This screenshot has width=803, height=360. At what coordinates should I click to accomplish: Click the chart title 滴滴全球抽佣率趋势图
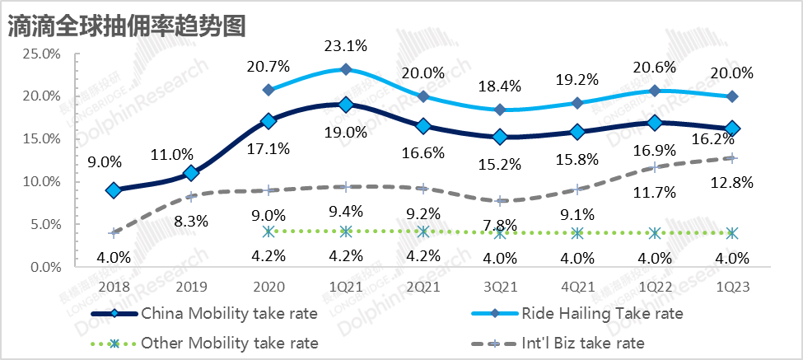(x=126, y=25)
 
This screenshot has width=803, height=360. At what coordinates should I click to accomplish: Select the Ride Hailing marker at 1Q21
(x=346, y=69)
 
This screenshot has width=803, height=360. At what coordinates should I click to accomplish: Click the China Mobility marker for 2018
(x=114, y=189)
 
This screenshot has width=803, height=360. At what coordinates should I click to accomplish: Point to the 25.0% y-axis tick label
(x=41, y=54)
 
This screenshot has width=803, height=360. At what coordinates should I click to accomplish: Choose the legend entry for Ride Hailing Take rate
(x=601, y=313)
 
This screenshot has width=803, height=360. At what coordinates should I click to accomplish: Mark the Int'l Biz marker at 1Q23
(x=733, y=157)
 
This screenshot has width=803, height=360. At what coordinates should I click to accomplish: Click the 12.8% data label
(x=733, y=183)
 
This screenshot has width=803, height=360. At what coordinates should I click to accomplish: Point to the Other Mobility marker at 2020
(x=268, y=231)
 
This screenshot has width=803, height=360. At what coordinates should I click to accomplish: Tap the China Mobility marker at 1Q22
(x=655, y=123)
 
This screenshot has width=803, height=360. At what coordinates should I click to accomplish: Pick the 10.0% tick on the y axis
(x=41, y=181)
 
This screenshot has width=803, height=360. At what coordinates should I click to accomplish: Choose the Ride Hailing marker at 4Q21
(x=578, y=103)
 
